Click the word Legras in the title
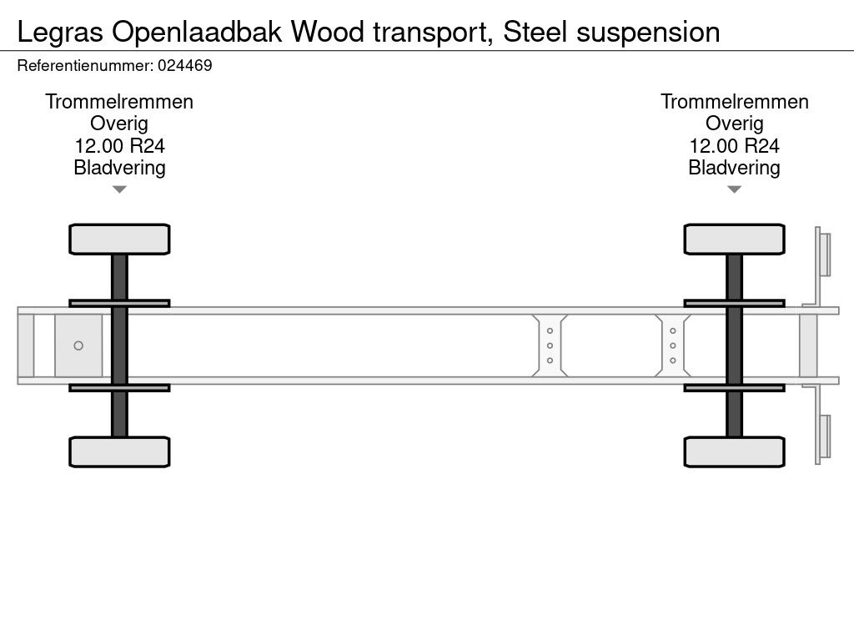[x=60, y=32]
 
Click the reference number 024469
[x=183, y=65]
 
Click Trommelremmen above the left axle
[x=119, y=102]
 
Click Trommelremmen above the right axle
[x=734, y=102]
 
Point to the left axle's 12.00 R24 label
[x=119, y=146]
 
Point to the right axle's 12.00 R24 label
[x=734, y=146]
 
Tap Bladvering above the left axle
[x=119, y=168]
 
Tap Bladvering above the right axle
[x=734, y=168]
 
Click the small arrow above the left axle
[x=119, y=189]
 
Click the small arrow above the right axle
[x=734, y=189]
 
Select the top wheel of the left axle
[x=119, y=239]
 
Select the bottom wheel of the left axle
[x=119, y=452]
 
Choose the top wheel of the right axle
[x=734, y=239]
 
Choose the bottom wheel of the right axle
[x=734, y=452]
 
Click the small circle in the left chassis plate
[x=78, y=346]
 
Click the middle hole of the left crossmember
[x=550, y=346]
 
